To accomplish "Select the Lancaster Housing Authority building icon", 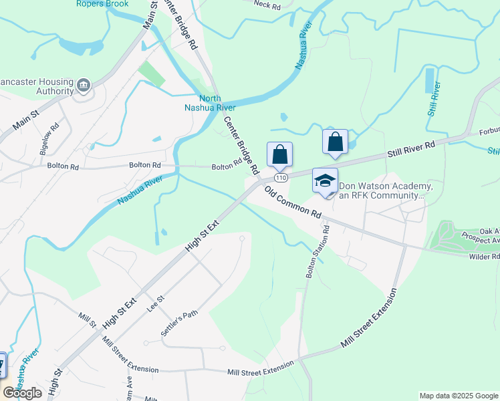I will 84,85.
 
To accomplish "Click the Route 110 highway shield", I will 280,178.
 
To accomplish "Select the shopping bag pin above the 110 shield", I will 280,155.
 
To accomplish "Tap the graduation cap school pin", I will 326,181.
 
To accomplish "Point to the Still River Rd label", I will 411,148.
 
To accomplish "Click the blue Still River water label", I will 434,99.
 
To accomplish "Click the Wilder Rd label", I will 485,256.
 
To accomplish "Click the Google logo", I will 23,393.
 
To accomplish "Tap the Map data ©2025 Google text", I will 458,396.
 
